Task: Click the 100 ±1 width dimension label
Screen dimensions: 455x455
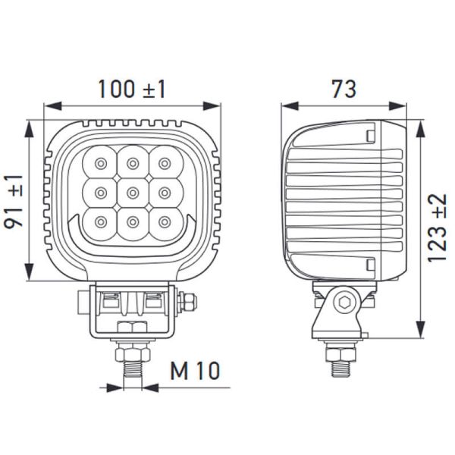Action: tap(131, 90)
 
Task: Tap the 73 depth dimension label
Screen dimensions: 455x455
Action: tap(343, 89)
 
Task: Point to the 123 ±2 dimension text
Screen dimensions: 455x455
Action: tap(438, 227)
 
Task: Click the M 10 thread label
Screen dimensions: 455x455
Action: tap(194, 372)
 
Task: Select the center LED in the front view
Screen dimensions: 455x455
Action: tap(133, 190)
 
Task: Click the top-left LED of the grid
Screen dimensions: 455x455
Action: tap(99, 162)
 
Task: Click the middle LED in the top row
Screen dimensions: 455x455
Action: tap(133, 162)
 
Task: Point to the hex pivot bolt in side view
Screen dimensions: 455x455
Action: tap(346, 303)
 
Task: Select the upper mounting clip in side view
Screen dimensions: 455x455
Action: tap(370, 136)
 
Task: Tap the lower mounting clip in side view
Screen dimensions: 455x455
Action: tap(370, 267)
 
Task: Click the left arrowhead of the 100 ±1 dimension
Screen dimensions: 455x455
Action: tap(48, 107)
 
